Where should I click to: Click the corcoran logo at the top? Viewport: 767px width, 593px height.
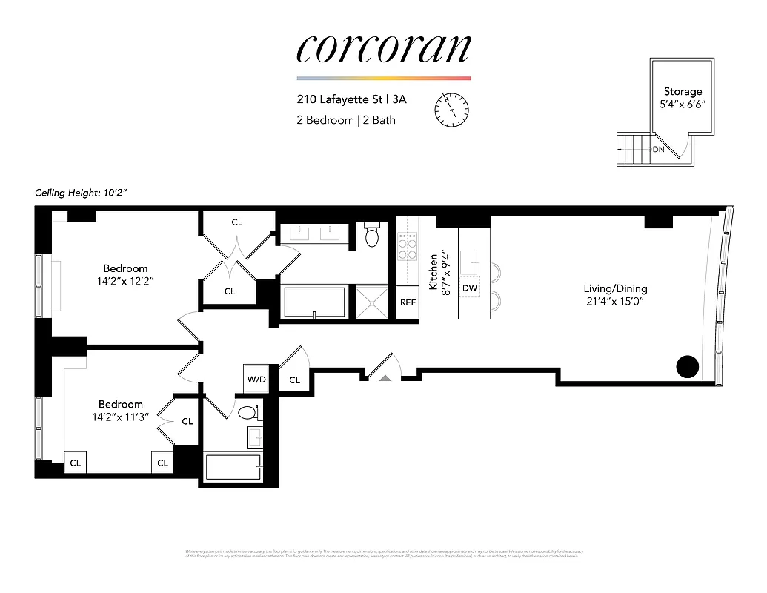(383, 48)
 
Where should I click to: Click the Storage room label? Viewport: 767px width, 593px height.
(683, 92)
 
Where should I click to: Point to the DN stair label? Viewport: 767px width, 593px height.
(658, 149)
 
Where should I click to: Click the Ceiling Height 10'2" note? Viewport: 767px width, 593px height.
(82, 193)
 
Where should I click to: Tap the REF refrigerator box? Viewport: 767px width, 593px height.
(408, 302)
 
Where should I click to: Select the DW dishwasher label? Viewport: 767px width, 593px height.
(469, 288)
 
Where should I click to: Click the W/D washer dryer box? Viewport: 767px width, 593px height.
(256, 380)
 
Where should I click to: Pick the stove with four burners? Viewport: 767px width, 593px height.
(408, 247)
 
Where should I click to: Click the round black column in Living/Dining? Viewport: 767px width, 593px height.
(688, 366)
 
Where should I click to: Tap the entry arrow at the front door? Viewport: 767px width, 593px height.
(385, 378)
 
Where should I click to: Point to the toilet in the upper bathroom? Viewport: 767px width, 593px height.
(373, 235)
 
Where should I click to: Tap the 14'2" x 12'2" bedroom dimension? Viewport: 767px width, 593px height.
(124, 281)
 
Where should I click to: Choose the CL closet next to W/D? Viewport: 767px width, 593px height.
(294, 380)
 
